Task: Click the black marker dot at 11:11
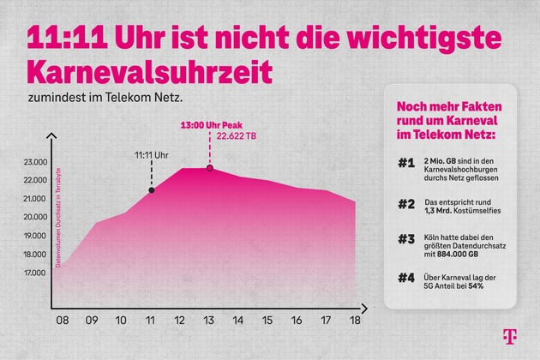(x=152, y=189)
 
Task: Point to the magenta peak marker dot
(x=209, y=168)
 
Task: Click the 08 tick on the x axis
(x=63, y=321)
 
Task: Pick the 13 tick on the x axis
(x=209, y=321)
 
